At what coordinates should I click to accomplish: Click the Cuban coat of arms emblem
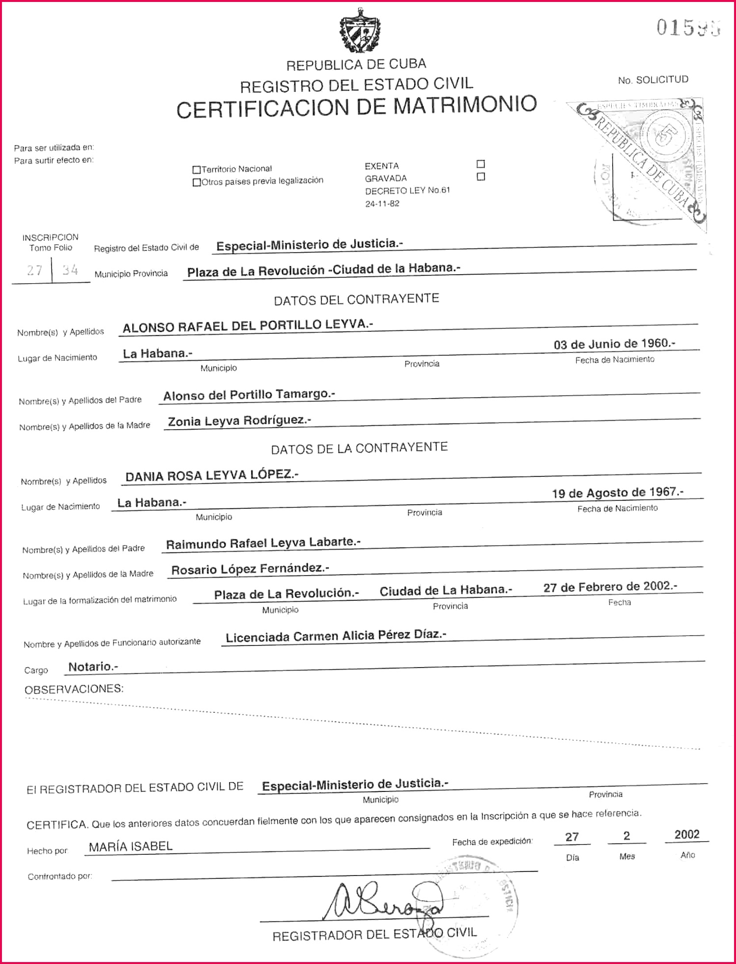click(360, 30)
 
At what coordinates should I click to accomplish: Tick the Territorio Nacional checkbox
click(197, 170)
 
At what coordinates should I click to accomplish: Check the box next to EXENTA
click(481, 164)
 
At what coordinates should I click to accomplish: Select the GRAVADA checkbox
click(481, 176)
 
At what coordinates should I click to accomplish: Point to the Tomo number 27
click(34, 270)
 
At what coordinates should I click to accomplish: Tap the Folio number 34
click(70, 270)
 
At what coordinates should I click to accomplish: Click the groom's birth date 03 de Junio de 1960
click(614, 344)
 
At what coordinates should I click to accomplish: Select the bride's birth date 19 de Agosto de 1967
click(617, 493)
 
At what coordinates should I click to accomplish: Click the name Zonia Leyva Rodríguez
click(239, 421)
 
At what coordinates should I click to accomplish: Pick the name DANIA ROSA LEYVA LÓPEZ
click(212, 475)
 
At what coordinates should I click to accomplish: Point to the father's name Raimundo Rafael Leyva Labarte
click(263, 543)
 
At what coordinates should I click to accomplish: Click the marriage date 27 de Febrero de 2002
click(610, 586)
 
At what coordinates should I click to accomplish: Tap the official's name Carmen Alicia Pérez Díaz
click(336, 636)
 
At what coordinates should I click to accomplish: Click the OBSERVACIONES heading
click(74, 689)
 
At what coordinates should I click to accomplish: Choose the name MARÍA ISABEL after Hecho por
click(131, 847)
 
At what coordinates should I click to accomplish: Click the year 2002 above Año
click(686, 835)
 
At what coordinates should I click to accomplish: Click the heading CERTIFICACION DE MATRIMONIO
click(357, 107)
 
